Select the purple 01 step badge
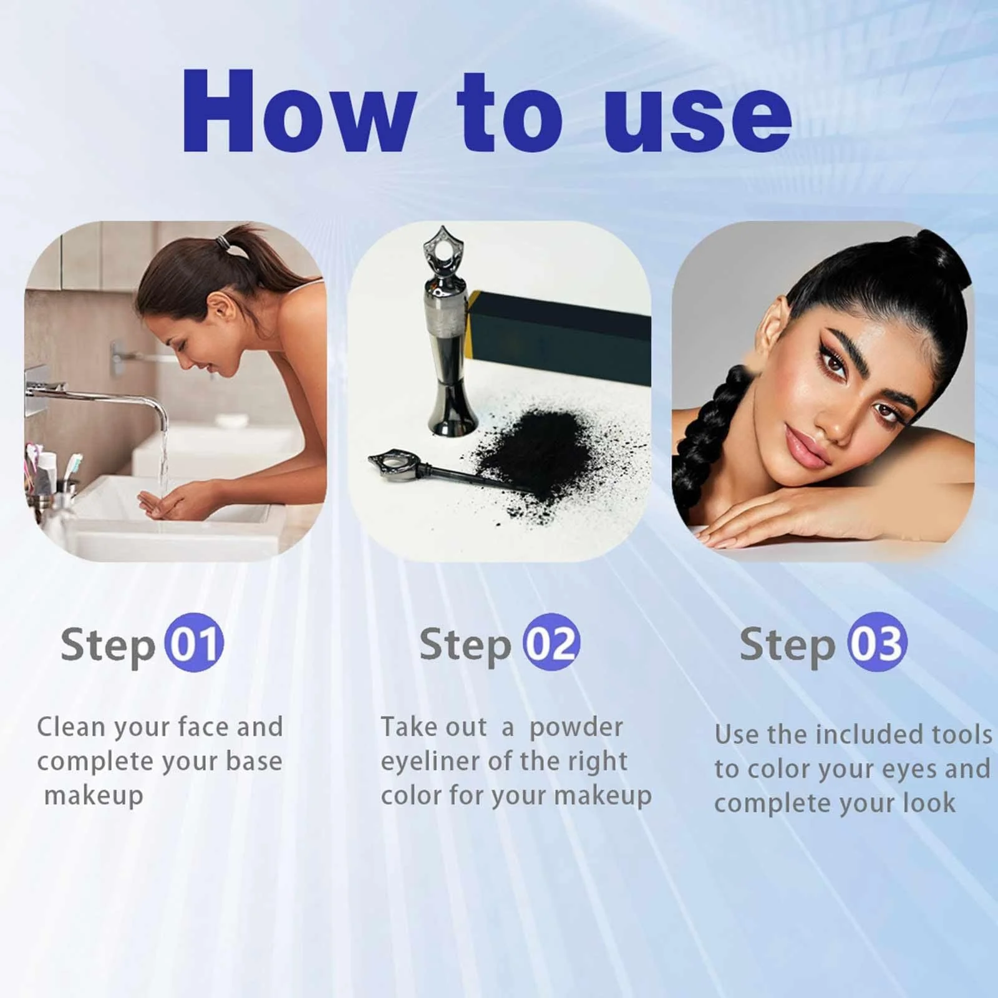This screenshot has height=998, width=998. pos(194,643)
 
